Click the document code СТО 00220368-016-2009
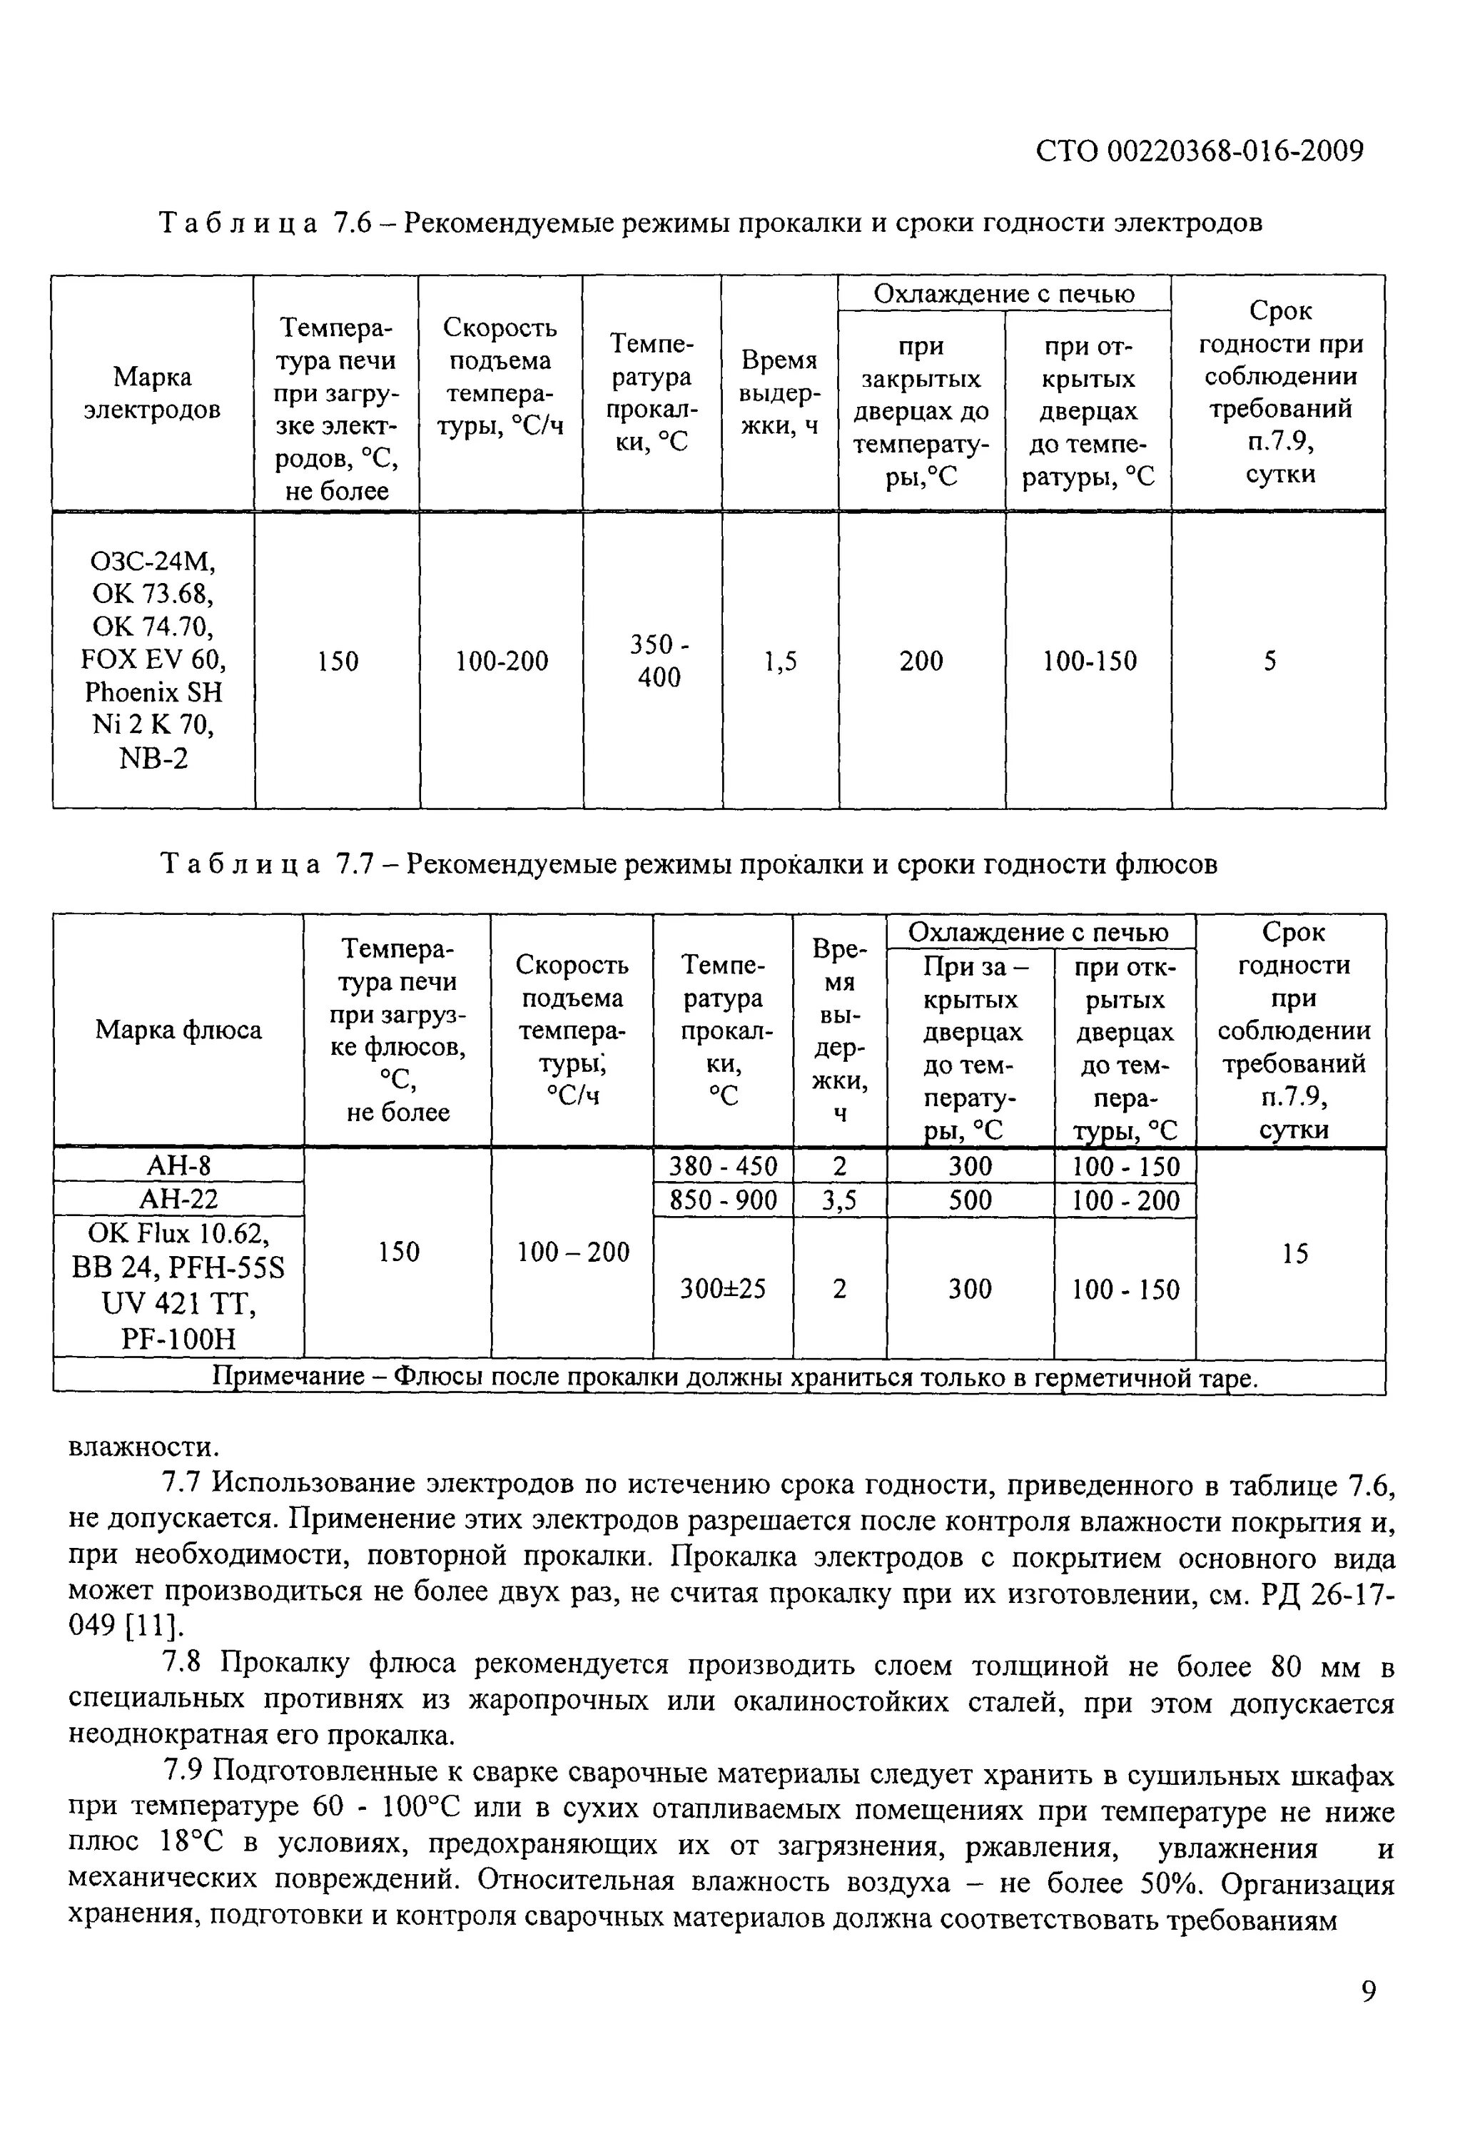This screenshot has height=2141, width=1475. coord(1199,151)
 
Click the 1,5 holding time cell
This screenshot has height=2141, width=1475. coord(781,661)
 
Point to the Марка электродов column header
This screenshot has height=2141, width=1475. coord(153,393)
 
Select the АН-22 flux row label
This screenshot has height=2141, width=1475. coord(178,1200)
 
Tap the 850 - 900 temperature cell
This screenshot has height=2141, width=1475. coord(723,1200)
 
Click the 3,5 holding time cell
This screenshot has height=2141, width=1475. coord(839,1200)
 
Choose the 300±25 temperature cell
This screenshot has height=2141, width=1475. coord(723,1288)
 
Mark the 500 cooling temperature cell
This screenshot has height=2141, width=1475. coord(970,1200)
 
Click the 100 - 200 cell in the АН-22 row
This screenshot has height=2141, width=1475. coord(1125,1200)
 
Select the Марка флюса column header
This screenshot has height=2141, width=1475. coord(178,1029)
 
